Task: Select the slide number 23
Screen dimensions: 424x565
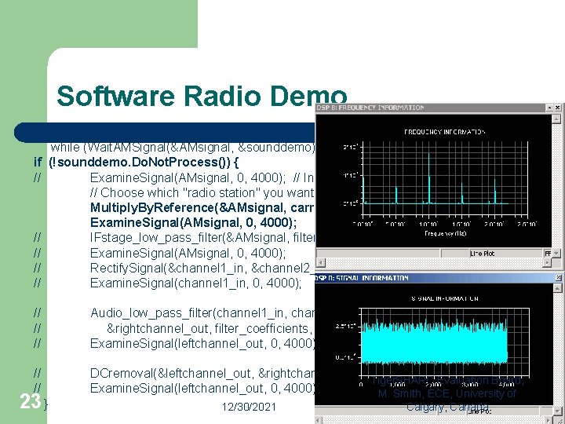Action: [30, 401]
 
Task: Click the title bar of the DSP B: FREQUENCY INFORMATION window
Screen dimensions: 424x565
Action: [408, 108]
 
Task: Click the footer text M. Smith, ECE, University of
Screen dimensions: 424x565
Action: [448, 393]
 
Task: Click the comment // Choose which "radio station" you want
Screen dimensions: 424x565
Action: [202, 192]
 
